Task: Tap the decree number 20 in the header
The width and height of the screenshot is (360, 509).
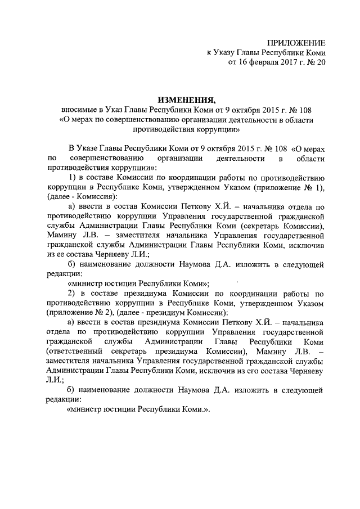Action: click(320, 63)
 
